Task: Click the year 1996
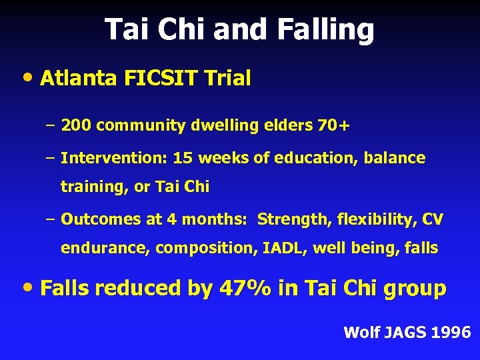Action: pos(451,332)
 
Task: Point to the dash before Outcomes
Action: pos(51,219)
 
